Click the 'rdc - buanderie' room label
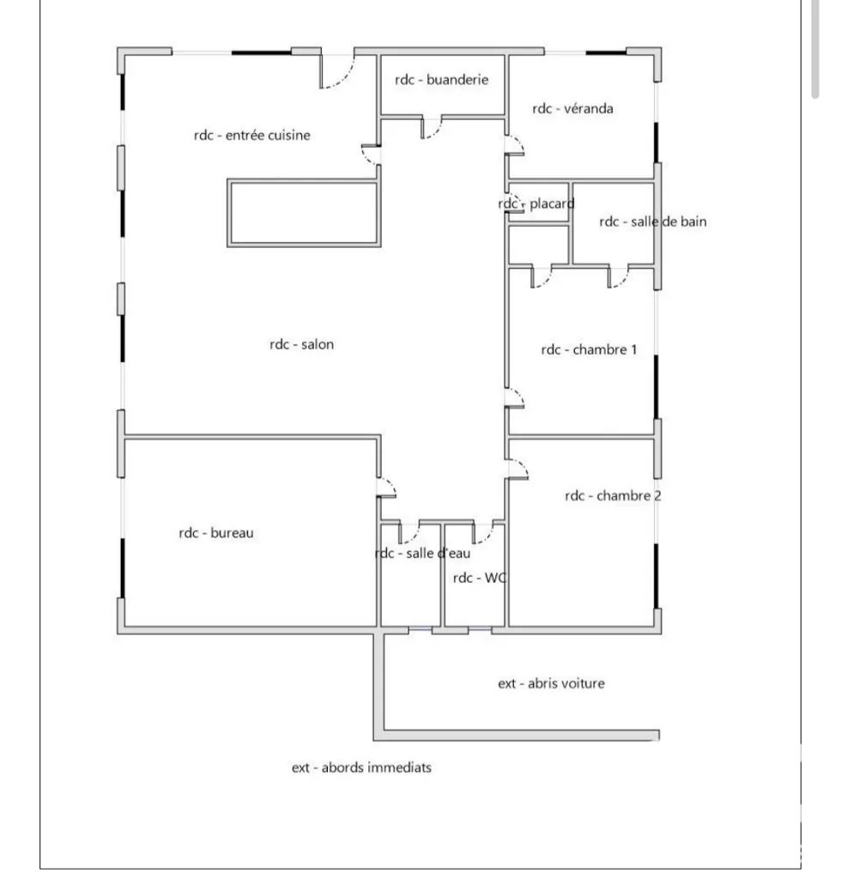point(441,80)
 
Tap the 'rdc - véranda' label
point(572,108)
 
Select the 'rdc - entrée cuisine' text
point(251,135)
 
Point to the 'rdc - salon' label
point(301,344)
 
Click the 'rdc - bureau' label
point(215,532)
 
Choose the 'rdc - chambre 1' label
point(589,350)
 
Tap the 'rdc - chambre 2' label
point(613,495)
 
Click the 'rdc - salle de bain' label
point(653,221)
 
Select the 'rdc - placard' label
point(536,203)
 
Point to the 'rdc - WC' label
point(480,578)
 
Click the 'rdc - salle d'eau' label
point(422,554)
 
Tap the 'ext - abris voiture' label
point(551,683)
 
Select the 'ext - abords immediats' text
point(361,767)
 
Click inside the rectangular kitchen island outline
point(304,213)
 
